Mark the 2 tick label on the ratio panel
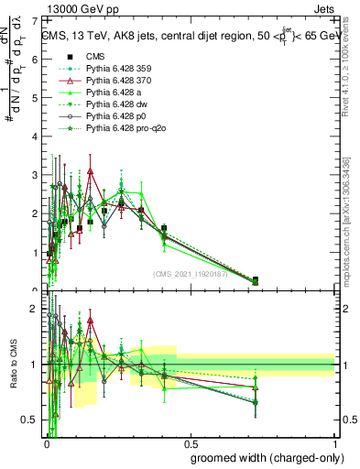(35, 309)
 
